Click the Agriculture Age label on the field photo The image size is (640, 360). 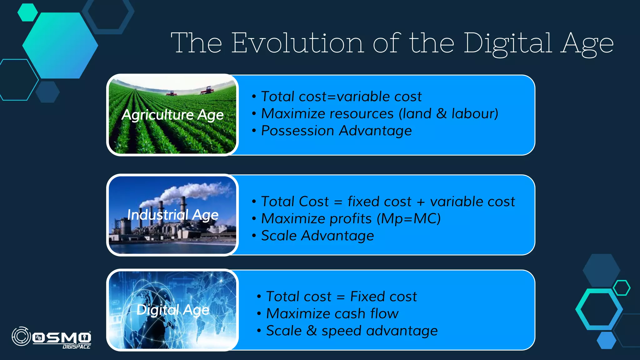point(172,115)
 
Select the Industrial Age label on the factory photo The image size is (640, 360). point(172,215)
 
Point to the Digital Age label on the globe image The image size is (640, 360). point(172,310)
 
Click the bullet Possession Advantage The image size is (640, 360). point(336,131)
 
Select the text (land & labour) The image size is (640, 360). point(448,113)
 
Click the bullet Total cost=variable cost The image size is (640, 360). point(341,97)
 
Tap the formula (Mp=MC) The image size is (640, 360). point(408,218)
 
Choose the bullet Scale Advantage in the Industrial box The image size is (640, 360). point(317,236)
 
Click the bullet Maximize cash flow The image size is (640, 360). point(332,313)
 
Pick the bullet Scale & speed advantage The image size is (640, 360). point(352,331)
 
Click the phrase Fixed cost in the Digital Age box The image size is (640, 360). point(383,296)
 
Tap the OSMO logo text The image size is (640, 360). point(62,337)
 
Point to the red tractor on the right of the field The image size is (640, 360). point(207,91)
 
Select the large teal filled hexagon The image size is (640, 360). point(60,45)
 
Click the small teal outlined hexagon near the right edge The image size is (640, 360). point(621,288)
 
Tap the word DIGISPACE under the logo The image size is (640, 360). point(77,347)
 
